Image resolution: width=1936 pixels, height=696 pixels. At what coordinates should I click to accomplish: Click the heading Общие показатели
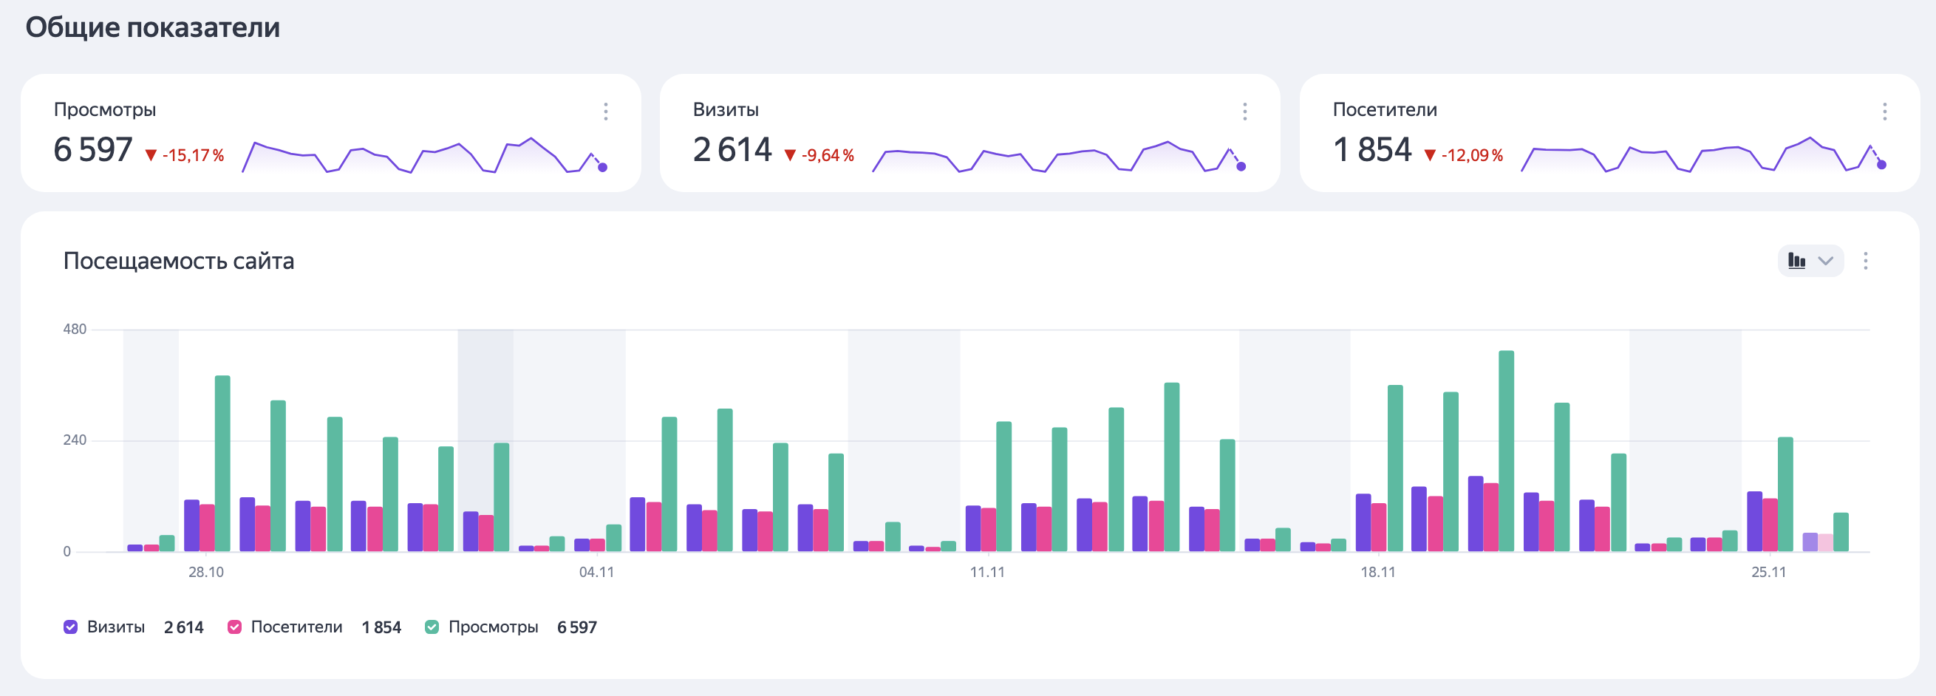click(x=152, y=28)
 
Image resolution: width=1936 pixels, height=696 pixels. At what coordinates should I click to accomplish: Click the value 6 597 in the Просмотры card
click(x=93, y=149)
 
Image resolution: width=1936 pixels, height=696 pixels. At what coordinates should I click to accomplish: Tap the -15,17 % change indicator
click(x=185, y=156)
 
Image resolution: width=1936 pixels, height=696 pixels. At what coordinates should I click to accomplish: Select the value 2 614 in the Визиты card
click(x=732, y=149)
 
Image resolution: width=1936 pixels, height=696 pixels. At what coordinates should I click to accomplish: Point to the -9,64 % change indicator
click(x=820, y=156)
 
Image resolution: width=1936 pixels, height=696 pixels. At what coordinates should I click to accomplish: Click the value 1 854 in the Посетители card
click(x=1372, y=149)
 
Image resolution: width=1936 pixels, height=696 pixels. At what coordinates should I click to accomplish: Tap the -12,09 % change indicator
click(x=1464, y=156)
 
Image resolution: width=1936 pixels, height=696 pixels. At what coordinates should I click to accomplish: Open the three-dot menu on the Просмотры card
click(x=606, y=112)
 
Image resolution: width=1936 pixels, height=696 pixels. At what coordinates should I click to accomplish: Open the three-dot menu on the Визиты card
click(x=1244, y=112)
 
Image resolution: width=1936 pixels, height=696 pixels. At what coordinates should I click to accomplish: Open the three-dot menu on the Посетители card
click(x=1884, y=112)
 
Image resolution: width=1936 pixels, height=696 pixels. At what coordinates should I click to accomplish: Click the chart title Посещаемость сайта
click(x=179, y=261)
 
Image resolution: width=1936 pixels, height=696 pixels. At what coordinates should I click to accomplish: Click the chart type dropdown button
click(x=1810, y=261)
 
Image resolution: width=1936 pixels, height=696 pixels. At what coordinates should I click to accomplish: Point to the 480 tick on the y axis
click(x=75, y=330)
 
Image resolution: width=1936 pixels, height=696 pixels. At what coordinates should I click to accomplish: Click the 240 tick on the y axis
click(x=75, y=440)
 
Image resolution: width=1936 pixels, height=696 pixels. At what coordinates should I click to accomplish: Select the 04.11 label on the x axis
click(x=596, y=572)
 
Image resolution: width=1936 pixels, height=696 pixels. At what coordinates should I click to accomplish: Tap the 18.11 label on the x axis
click(x=1377, y=572)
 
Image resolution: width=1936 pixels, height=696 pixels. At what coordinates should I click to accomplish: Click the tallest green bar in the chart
click(x=1506, y=451)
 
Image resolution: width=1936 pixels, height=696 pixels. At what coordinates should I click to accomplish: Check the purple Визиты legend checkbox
click(x=71, y=627)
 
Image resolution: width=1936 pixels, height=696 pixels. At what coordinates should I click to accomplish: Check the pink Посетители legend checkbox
click(x=234, y=627)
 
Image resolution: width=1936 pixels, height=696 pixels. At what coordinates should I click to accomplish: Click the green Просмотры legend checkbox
click(x=432, y=627)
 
